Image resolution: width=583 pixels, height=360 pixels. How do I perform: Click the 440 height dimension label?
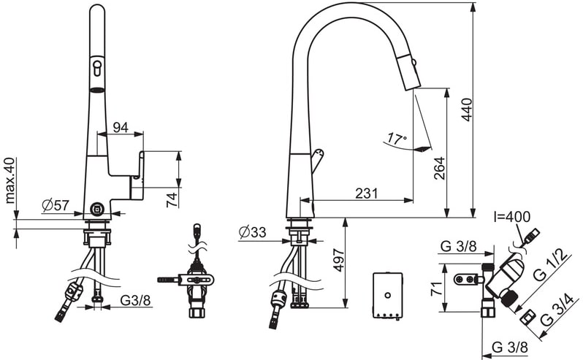pyautogui.click(x=466, y=110)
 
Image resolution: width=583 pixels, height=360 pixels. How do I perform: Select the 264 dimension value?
pyautogui.click(x=440, y=168)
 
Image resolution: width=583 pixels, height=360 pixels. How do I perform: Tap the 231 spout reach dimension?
pyautogui.click(x=366, y=194)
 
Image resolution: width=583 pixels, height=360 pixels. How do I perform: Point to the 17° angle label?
pyautogui.click(x=397, y=139)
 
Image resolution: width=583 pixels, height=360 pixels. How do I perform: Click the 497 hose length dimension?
pyautogui.click(x=340, y=260)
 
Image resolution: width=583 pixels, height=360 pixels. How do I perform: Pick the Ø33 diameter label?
pyautogui.click(x=253, y=232)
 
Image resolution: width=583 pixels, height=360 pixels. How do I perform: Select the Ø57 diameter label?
pyautogui.click(x=56, y=204)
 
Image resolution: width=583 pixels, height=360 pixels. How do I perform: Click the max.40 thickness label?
pyautogui.click(x=9, y=181)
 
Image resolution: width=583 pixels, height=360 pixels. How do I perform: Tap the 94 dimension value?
pyautogui.click(x=121, y=128)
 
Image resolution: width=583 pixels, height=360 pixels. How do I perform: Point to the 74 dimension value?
pyautogui.click(x=172, y=200)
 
